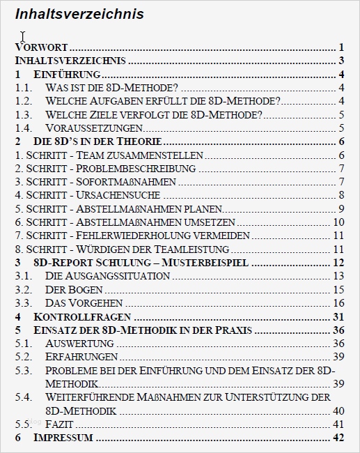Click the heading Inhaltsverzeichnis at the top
pos(79,14)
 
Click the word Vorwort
pos(41,47)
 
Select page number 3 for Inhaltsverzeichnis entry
pos(343,61)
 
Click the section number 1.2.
pos(24,101)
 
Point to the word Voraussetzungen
pos(93,128)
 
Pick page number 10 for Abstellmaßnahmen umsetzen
pos(339,222)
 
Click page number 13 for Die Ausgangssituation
pos(339,276)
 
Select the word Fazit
pos(60,424)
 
